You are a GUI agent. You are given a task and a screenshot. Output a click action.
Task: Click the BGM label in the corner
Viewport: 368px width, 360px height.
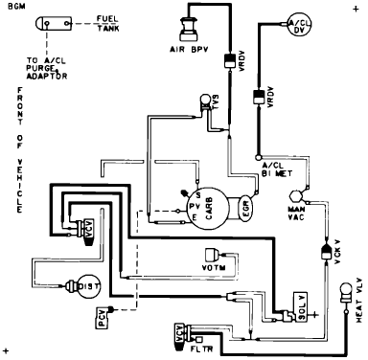[x=15, y=7]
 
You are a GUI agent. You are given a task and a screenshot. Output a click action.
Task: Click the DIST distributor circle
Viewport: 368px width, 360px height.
[x=78, y=284]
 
